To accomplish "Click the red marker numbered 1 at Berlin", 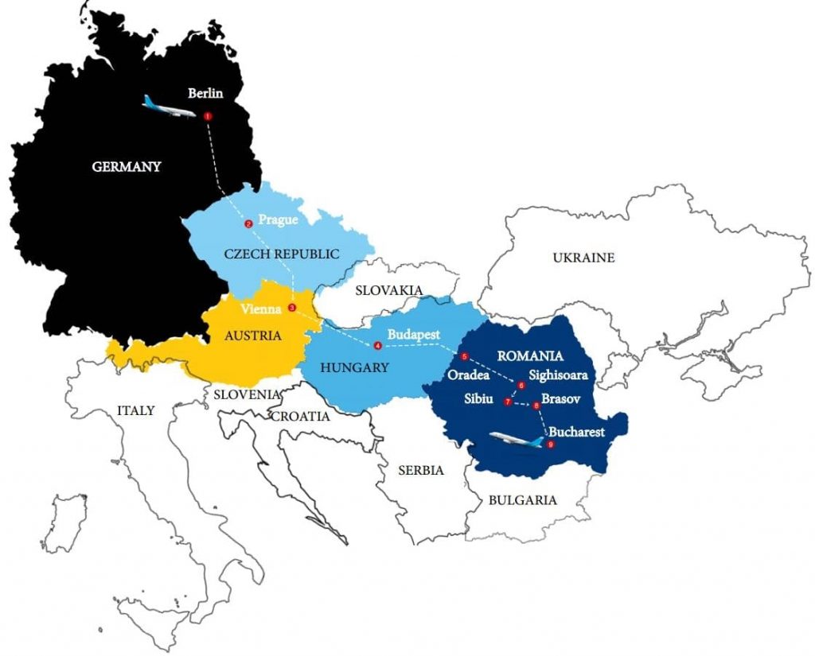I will click(208, 116).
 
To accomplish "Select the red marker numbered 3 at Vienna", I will click(292, 308).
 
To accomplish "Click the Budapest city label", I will click(414, 335).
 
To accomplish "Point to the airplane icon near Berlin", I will click(169, 107).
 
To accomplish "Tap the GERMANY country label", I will click(127, 167).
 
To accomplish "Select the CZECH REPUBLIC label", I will click(282, 254).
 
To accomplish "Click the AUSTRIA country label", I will click(252, 336).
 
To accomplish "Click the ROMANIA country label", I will click(529, 356).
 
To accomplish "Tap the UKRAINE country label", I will click(584, 258).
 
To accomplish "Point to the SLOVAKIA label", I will click(388, 290).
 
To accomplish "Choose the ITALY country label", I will click(135, 410).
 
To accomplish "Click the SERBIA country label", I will click(420, 470).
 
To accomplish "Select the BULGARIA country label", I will click(523, 500).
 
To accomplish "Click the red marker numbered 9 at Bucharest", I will click(549, 444).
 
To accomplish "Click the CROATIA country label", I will click(301, 416).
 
